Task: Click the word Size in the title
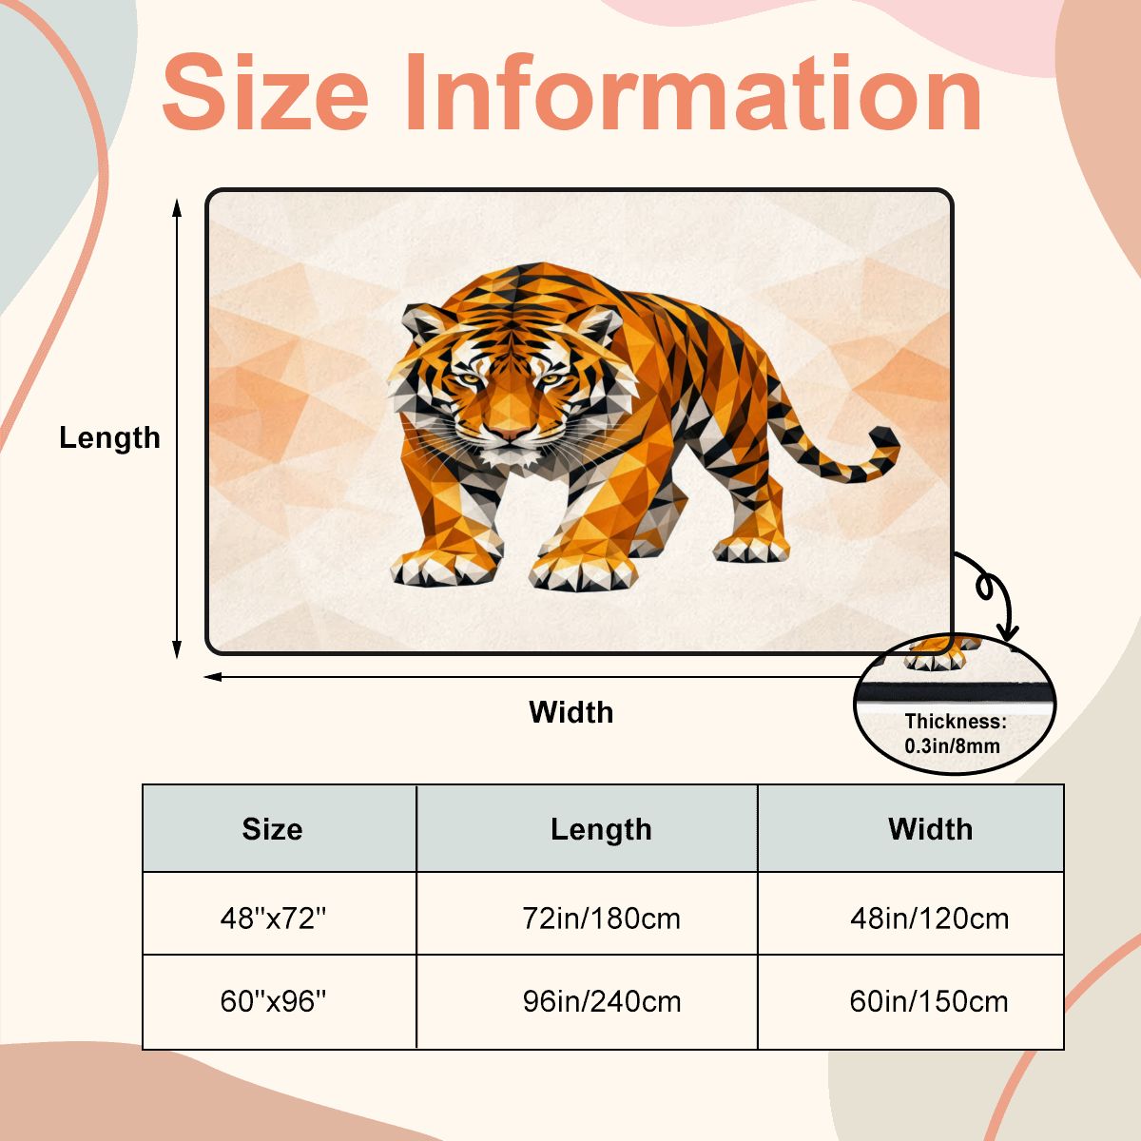click(x=264, y=92)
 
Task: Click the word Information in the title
click(x=693, y=92)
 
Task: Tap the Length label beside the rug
click(x=109, y=438)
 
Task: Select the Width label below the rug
click(x=570, y=712)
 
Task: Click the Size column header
click(x=272, y=829)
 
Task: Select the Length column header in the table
click(x=601, y=829)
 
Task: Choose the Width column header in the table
click(x=930, y=829)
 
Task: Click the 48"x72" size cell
click(x=273, y=919)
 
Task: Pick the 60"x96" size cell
click(x=273, y=1001)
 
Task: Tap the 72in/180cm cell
click(x=601, y=919)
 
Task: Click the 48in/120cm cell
click(x=930, y=919)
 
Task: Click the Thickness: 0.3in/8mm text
click(x=955, y=734)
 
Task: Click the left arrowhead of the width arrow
click(x=212, y=677)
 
